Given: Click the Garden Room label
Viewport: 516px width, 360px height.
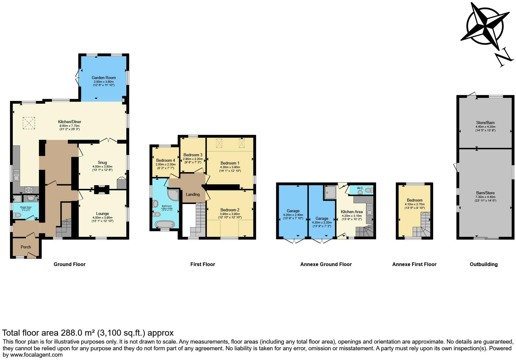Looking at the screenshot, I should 104,78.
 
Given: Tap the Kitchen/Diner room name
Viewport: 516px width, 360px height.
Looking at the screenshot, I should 70,122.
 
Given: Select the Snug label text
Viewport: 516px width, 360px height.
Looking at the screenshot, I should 102,162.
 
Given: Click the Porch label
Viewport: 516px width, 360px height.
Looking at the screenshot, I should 26,247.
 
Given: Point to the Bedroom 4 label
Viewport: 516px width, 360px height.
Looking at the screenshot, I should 166,160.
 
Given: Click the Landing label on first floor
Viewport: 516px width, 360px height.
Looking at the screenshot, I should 193,194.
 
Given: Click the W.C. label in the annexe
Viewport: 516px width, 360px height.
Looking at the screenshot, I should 360,188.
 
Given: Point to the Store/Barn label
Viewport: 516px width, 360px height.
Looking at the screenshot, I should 485,123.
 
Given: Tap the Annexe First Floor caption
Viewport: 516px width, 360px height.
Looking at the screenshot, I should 414,265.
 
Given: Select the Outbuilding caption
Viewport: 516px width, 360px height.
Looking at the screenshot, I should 483,265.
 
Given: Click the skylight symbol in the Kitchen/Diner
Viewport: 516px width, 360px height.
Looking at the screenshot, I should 29,123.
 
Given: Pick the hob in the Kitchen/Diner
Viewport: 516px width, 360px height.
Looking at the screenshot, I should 29,190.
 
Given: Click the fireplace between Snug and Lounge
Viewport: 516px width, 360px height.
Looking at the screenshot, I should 101,190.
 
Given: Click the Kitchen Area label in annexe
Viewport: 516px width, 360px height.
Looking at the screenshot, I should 351,212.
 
